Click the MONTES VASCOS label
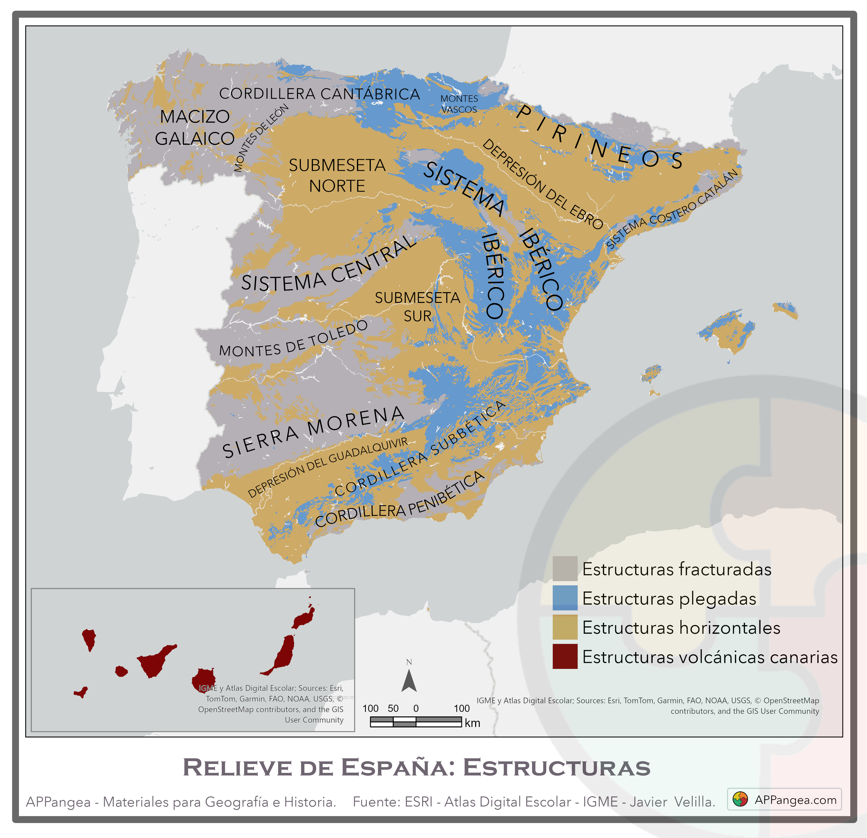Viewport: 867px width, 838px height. tap(459, 104)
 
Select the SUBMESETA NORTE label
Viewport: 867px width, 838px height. tap(337, 176)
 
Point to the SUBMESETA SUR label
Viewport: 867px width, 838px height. tap(418, 307)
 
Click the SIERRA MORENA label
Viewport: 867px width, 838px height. tap(313, 431)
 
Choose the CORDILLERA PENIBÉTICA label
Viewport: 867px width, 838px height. tap(399, 501)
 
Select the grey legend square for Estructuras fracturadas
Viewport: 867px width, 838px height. tap(565, 569)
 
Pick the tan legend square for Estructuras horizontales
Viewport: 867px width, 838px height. tap(565, 627)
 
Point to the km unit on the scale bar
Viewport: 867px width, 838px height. tap(473, 723)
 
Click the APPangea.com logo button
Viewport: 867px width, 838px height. tap(784, 800)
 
